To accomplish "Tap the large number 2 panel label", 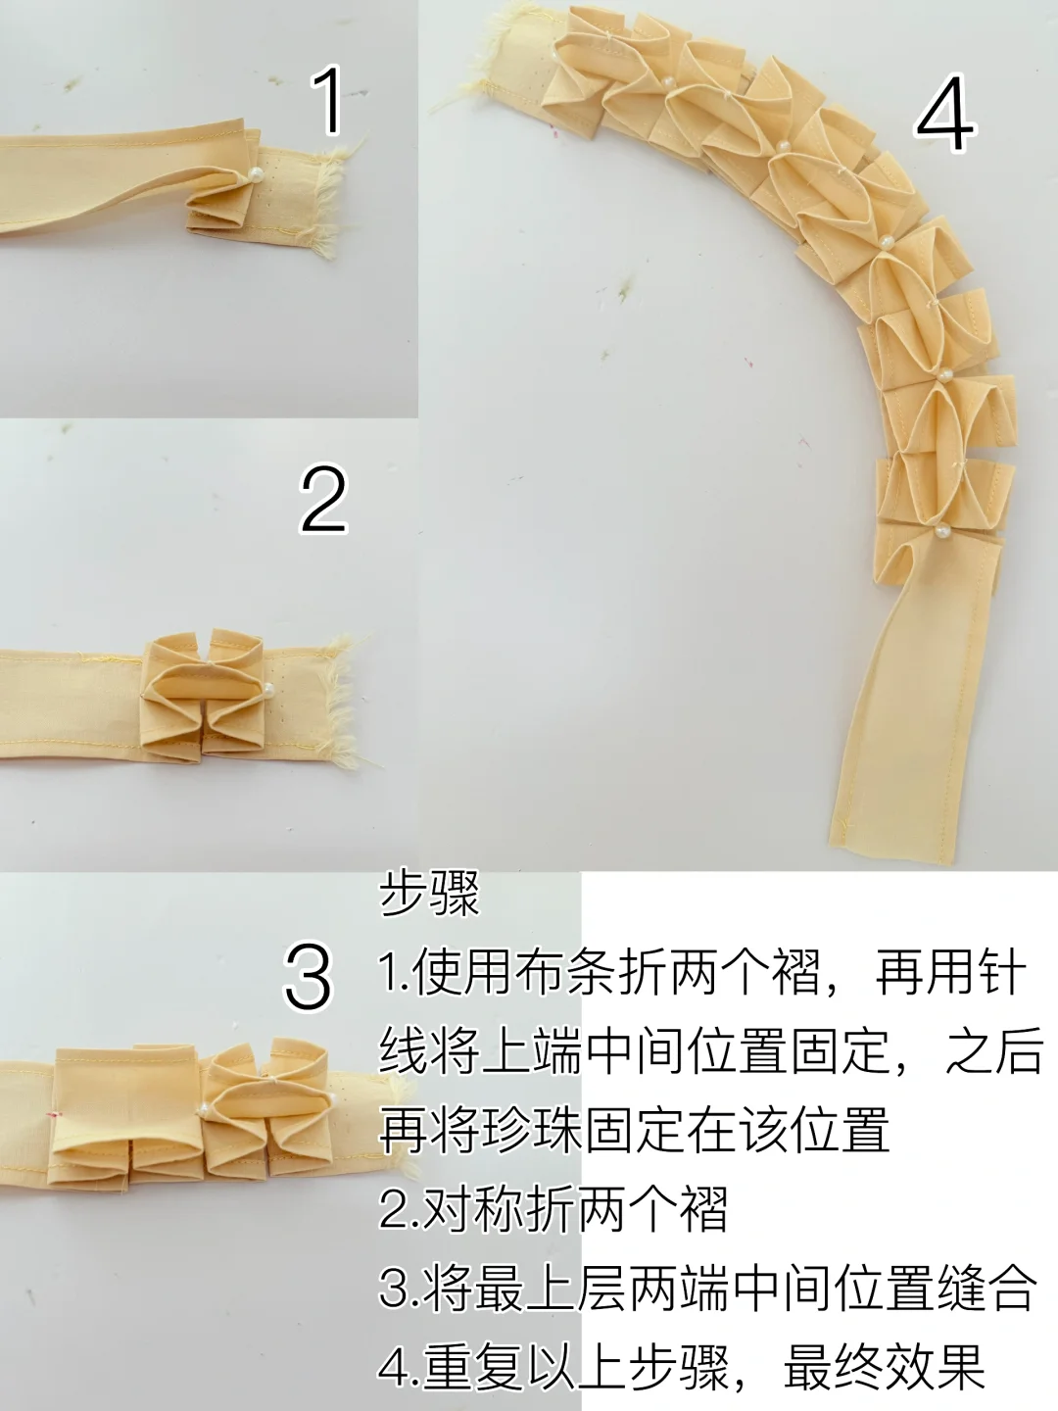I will click(324, 499).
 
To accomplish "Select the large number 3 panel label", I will click(309, 978).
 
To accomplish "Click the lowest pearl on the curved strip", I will click(941, 530).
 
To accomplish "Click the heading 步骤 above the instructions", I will click(429, 897).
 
